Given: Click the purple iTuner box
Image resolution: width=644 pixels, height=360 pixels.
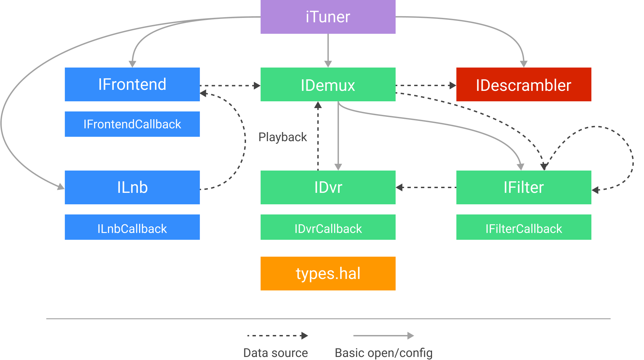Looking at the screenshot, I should coord(328,17).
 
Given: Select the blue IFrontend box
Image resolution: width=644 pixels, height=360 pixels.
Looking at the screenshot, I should coord(132,84).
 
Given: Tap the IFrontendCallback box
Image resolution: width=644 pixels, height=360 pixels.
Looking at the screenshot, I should coord(132,124).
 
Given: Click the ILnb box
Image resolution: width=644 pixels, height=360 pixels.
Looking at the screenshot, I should coord(132,187).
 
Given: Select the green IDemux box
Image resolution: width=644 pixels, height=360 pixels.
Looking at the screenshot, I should coord(328,84).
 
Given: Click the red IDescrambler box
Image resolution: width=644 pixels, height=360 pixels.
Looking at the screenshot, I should coord(524,84).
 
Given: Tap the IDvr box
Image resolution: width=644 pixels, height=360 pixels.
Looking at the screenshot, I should coord(328,187).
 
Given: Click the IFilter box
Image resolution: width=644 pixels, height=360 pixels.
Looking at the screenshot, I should coord(524,187).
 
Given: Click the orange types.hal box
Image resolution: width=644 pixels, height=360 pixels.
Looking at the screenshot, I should coord(328,273).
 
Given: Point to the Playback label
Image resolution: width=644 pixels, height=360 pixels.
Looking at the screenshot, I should coord(283,137).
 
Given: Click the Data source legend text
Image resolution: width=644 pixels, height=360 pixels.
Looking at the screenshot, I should coord(275,353).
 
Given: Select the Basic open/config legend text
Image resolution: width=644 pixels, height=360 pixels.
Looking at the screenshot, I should coord(383,353).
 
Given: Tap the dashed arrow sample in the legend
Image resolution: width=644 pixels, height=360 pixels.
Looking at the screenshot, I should coord(277,336).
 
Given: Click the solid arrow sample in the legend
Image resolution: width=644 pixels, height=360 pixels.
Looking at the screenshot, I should coord(383,336).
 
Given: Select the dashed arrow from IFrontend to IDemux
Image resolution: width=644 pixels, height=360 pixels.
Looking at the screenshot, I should coord(230,86).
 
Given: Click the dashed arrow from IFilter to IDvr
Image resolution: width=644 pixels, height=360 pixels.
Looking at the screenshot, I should coord(426,187).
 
